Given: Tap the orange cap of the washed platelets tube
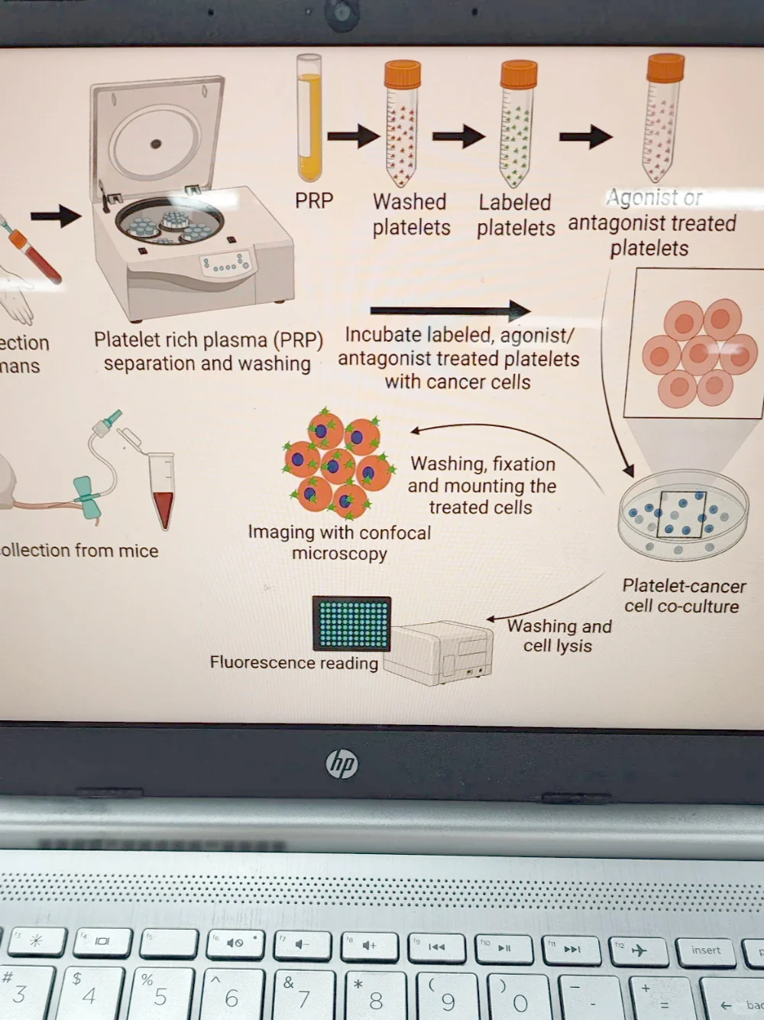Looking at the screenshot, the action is tap(402, 75).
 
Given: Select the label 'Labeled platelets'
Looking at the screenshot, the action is tap(516, 215).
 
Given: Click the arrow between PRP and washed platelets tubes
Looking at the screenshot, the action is tap(353, 137).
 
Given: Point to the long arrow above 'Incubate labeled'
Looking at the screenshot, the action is tap(450, 310).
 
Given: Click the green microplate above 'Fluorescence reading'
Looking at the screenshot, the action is tap(351, 622).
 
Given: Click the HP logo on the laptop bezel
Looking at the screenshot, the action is tap(342, 763).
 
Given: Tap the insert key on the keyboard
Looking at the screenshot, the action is tap(704, 950).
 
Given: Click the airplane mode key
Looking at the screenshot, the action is tap(639, 950).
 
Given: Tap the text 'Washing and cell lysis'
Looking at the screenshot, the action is tap(559, 635).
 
